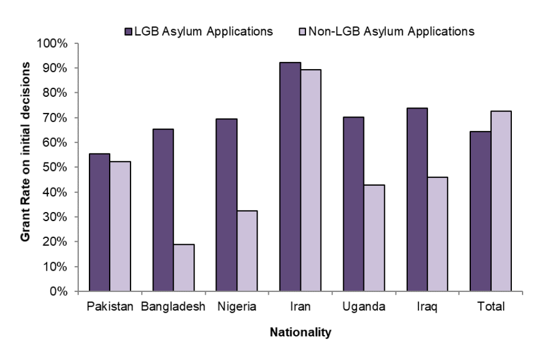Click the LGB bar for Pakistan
point(99,222)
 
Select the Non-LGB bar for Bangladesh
point(184,267)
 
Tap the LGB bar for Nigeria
point(226,205)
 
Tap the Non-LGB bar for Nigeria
point(247,251)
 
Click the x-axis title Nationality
point(300,333)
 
